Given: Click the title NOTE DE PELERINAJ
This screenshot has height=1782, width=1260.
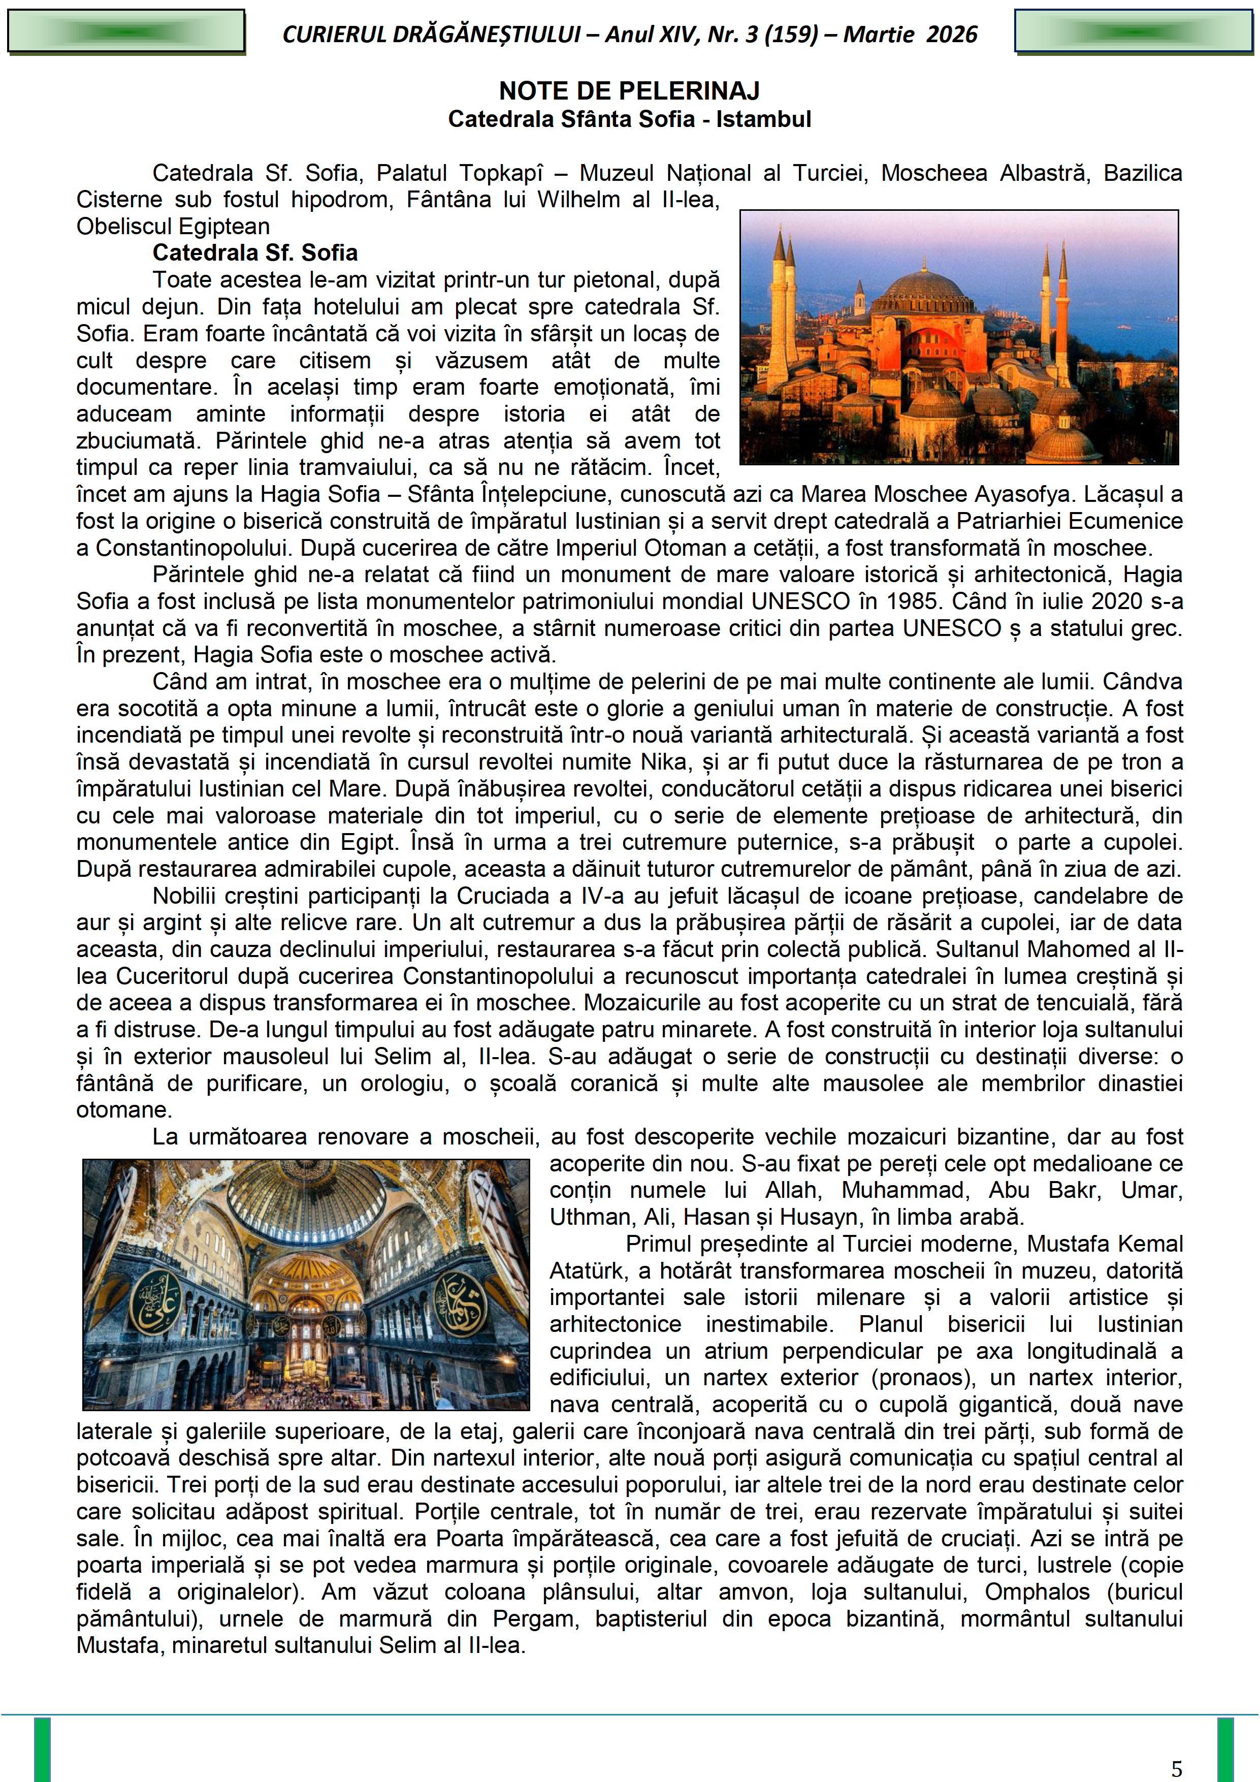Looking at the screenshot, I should click(x=629, y=91).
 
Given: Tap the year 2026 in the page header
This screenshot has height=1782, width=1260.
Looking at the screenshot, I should click(x=952, y=34).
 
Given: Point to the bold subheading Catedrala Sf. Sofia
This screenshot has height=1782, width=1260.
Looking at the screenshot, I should click(x=255, y=253).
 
